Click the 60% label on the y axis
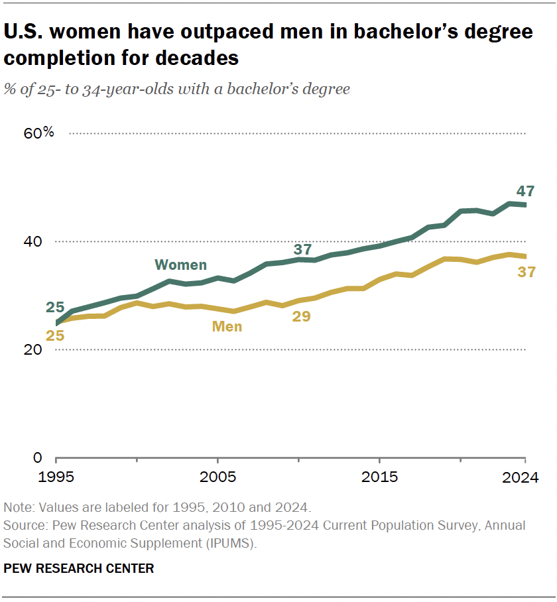(x=38, y=133)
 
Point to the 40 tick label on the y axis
(x=33, y=241)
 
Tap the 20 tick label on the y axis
(x=33, y=349)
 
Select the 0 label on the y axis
(x=38, y=458)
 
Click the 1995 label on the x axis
(x=56, y=477)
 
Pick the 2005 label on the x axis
(x=217, y=477)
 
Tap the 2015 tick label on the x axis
(x=379, y=477)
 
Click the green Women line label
(x=180, y=265)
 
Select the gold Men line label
(x=227, y=327)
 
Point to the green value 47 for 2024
(x=526, y=191)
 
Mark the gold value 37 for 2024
(x=526, y=272)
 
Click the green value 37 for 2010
(x=302, y=249)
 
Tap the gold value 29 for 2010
(x=301, y=316)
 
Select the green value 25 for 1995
(x=55, y=308)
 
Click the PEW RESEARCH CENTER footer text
(x=79, y=568)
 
